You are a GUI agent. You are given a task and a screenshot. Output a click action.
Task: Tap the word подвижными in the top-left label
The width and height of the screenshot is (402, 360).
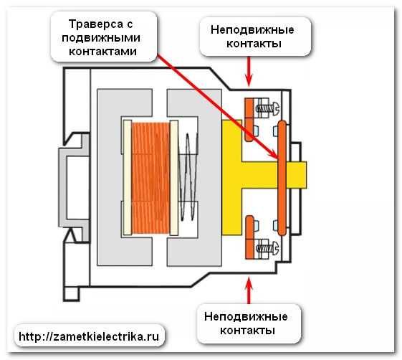pos(101,38)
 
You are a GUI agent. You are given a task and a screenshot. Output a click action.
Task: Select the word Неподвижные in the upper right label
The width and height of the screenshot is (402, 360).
pos(252,30)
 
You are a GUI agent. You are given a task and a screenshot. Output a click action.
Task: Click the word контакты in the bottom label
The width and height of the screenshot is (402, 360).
pos(247,330)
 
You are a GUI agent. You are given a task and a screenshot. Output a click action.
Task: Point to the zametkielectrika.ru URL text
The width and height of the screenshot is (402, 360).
pos(89,336)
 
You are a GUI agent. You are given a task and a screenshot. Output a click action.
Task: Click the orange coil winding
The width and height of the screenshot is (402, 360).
pos(150,178)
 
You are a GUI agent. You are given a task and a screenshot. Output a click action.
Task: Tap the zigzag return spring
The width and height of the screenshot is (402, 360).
pos(188,177)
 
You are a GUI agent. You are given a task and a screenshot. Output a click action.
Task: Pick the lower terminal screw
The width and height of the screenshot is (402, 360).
pos(267,248)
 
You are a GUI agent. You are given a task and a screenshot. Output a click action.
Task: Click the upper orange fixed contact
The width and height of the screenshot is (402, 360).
pos(249,120)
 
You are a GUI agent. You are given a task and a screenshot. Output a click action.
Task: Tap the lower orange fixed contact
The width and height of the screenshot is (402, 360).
pos(249,237)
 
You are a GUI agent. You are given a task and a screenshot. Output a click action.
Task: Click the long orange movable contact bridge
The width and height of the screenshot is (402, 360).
pos(282,178)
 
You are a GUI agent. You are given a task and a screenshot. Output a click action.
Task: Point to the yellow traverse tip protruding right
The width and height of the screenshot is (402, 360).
pos(297,175)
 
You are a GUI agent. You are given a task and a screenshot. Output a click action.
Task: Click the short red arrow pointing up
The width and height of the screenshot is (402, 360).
pos(249,290)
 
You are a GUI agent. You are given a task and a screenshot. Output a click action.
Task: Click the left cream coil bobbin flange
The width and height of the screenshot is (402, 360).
pos(128,178)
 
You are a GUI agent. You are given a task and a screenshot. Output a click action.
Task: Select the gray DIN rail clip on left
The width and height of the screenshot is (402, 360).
pos(74,188)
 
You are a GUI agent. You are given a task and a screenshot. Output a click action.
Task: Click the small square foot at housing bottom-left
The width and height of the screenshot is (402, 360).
pos(71,294)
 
